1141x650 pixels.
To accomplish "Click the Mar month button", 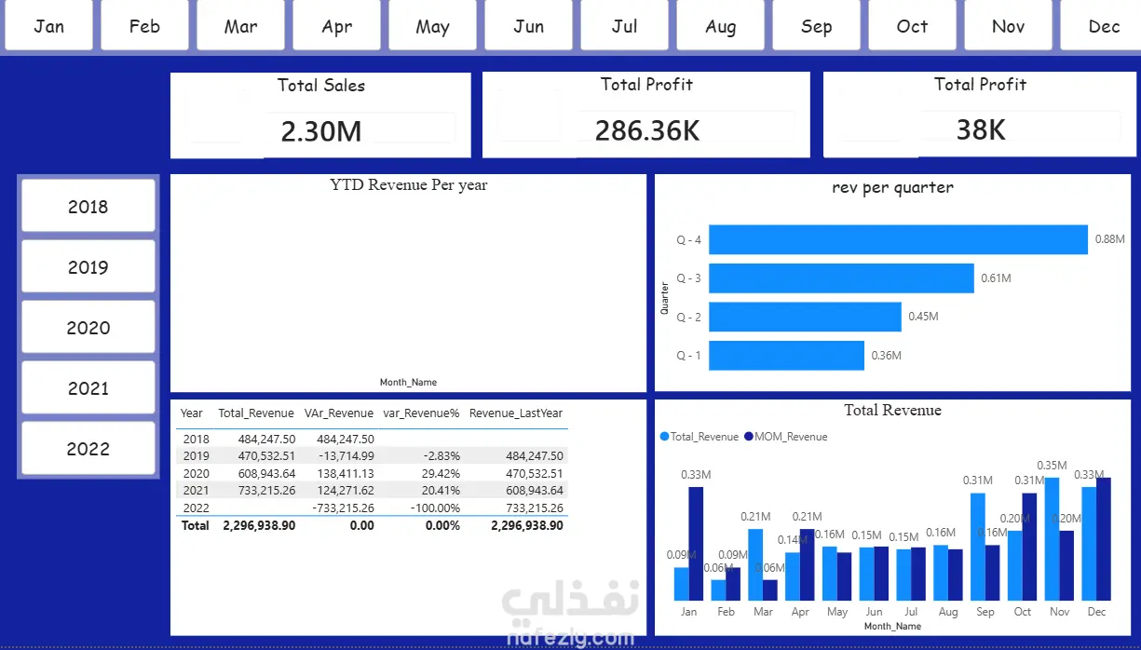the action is click(240, 25).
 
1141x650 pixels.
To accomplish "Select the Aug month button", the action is click(720, 25).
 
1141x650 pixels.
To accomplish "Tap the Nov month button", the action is click(1008, 25).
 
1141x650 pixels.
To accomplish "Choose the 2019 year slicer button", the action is click(88, 266).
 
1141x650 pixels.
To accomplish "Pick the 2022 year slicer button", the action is click(88, 448).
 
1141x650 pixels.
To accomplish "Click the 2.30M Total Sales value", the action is click(321, 131).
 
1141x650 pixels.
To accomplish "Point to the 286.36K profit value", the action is click(647, 130).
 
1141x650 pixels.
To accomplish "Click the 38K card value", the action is click(981, 129).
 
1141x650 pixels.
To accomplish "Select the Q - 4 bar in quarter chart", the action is click(898, 239).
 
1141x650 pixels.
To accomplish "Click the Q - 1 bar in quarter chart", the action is click(786, 356).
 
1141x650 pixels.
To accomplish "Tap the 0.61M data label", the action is click(996, 278).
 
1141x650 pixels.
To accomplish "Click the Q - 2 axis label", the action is click(688, 317).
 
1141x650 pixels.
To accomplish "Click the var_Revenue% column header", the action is click(421, 413).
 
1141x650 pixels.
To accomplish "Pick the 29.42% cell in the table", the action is click(441, 474).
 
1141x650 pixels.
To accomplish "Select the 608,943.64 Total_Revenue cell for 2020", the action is click(266, 474).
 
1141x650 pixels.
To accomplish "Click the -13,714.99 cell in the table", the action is click(346, 456).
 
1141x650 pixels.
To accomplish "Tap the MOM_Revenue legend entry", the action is click(785, 437).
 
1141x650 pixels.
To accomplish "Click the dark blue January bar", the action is click(696, 544).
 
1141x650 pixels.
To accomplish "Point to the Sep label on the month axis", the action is click(985, 611).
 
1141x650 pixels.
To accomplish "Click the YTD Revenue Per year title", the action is click(409, 185).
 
